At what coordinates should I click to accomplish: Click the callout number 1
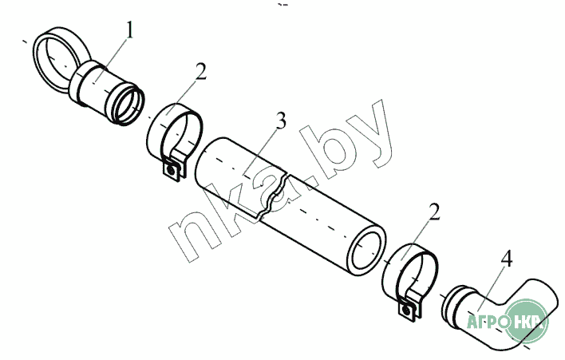pyautogui.click(x=130, y=30)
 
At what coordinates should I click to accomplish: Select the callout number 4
pyautogui.click(x=507, y=259)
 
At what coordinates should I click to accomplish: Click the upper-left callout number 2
pyautogui.click(x=201, y=71)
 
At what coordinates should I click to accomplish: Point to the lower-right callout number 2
pyautogui.click(x=435, y=212)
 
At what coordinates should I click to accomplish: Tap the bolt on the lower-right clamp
pyautogui.click(x=406, y=310)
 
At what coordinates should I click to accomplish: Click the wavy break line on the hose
pyautogui.click(x=273, y=195)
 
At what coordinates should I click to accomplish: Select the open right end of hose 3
pyautogui.click(x=366, y=252)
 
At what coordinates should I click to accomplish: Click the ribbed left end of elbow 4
pyautogui.click(x=452, y=302)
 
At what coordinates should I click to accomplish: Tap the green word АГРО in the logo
pyautogui.click(x=488, y=321)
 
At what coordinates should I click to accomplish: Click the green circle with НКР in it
pyautogui.click(x=527, y=321)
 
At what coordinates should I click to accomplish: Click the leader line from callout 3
pyautogui.click(x=261, y=152)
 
